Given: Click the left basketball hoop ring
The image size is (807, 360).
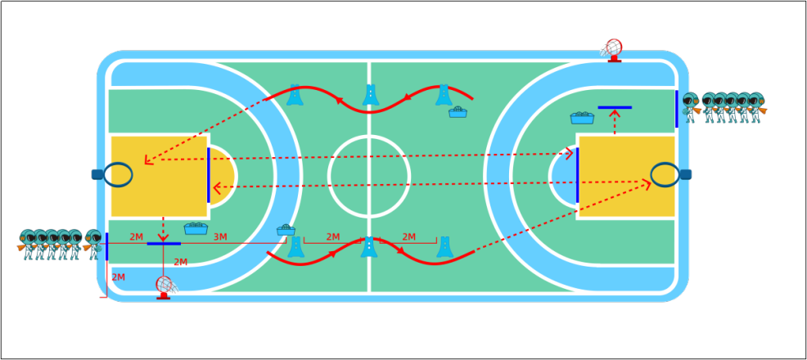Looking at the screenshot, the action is point(118,174).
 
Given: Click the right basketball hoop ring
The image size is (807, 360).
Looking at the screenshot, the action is point(665,174).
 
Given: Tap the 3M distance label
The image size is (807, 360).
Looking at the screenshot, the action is point(220,237).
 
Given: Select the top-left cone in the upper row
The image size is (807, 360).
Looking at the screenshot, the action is point(295,95).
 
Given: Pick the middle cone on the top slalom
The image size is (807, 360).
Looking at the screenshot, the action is point(371,95).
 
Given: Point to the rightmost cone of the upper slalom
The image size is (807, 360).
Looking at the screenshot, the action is point(444,95).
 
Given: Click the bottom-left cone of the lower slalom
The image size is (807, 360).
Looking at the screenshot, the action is point(295,246).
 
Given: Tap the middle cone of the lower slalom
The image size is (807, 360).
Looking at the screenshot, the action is point(369,246).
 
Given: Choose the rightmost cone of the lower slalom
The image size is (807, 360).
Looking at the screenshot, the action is point(444,246).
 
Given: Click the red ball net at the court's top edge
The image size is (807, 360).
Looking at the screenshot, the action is point(612,50).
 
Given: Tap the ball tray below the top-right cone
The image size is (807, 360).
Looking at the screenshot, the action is point(458,112).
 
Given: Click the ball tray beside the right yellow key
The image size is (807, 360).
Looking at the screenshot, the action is point(582,118).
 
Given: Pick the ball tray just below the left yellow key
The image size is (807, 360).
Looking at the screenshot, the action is point(196,228).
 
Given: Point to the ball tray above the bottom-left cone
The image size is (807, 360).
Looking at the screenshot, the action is point(286,230).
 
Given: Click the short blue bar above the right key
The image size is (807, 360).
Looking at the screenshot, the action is point(615,107).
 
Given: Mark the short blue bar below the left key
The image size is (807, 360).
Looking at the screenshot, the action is point(164,244).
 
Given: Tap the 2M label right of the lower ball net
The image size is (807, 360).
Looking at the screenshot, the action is point(180,263).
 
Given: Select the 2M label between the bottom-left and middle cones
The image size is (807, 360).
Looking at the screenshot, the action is point(333,237).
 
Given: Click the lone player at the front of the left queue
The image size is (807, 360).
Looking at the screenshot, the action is point(93,243).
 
